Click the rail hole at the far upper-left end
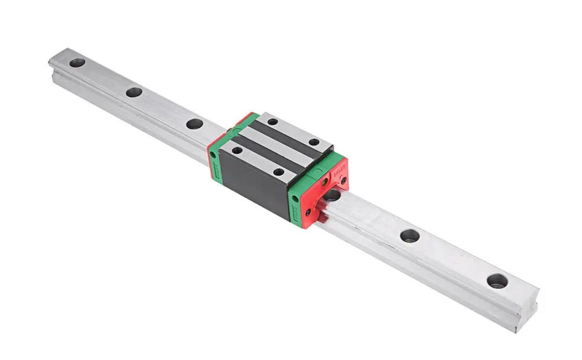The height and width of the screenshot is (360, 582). (x=77, y=63)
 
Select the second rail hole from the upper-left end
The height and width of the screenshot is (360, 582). (x=134, y=92)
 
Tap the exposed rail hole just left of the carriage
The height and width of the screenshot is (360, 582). (x=194, y=124)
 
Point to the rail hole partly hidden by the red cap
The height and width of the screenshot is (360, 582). (x=332, y=196)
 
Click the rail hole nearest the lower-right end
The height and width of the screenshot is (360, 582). (x=497, y=281)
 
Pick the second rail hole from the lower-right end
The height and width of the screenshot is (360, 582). (x=410, y=236)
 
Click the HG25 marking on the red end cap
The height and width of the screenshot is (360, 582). (x=339, y=172)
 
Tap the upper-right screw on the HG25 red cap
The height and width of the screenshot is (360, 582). (x=344, y=180)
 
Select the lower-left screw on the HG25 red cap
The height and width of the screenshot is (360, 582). (x=308, y=212)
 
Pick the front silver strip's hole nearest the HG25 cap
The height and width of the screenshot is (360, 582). (x=278, y=172)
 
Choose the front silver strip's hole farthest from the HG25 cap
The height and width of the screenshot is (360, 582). (x=237, y=150)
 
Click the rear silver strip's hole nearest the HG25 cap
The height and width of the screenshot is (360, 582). (x=314, y=142)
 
